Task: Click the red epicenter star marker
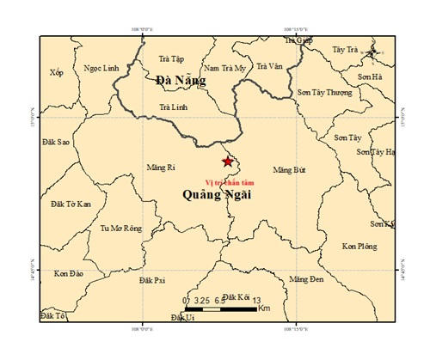tap(227, 162)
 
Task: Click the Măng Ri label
tap(161, 167)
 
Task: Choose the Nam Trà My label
tap(224, 68)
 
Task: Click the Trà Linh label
tap(173, 107)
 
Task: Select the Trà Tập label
tap(172, 58)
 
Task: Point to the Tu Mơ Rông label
tap(120, 229)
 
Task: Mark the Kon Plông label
tap(359, 247)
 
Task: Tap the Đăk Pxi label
tap(152, 280)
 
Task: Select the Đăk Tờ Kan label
tap(71, 204)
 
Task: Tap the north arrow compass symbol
tap(371, 54)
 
